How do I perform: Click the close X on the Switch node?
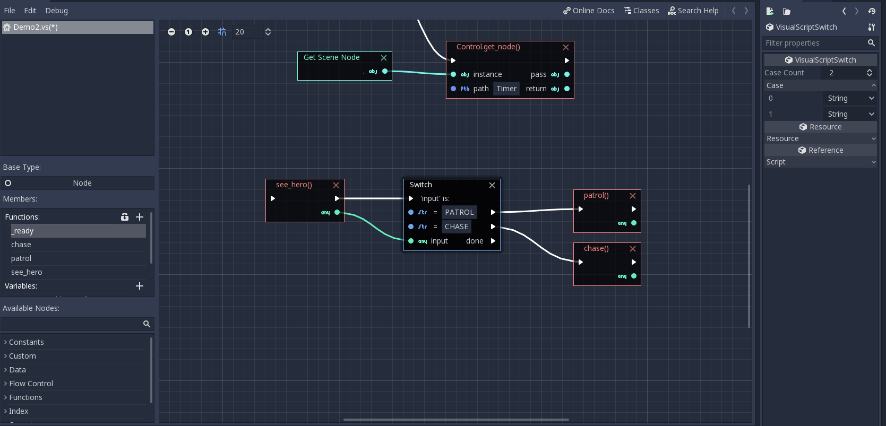(x=492, y=185)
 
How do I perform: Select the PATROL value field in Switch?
(x=459, y=212)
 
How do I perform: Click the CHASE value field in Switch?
(x=457, y=227)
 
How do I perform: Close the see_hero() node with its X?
(x=336, y=185)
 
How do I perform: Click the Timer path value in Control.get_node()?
(x=506, y=89)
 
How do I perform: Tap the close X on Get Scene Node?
(x=384, y=58)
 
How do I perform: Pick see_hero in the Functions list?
(x=27, y=272)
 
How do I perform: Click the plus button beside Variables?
(x=140, y=286)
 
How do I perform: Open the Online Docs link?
(x=589, y=11)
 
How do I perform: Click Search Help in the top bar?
(x=693, y=11)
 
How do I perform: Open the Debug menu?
(x=56, y=11)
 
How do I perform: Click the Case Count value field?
(x=844, y=73)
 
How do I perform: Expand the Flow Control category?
(x=31, y=384)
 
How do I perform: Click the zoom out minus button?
(x=171, y=32)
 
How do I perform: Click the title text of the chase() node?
(x=596, y=248)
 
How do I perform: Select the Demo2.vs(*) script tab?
(x=36, y=27)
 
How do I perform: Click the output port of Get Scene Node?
(x=385, y=71)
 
